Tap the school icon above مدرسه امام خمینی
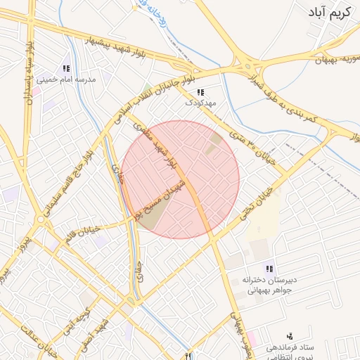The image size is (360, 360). tap(66, 69)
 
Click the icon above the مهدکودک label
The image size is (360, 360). tap(200, 92)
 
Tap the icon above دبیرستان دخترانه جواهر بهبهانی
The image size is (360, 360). tap(269, 269)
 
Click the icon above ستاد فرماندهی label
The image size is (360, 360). tap(290, 337)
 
